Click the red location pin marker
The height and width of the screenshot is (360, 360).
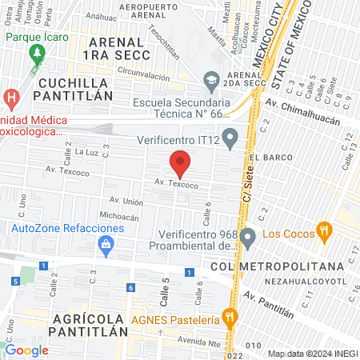tap(180, 163)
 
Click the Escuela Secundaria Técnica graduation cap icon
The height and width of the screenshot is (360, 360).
tap(211, 79)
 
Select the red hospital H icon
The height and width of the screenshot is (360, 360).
tap(10, 98)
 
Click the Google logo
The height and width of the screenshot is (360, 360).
tap(26, 350)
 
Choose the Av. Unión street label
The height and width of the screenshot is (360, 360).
tap(126, 202)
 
